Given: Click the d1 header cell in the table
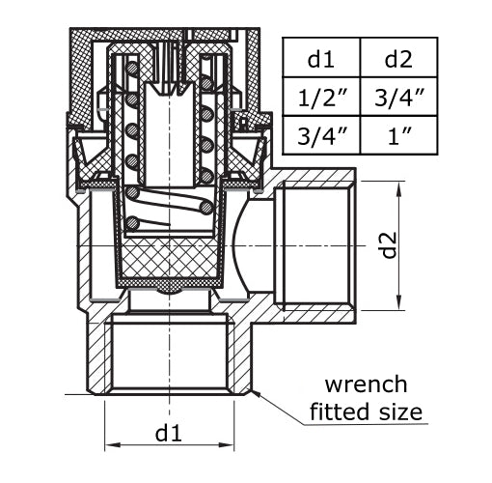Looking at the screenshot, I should coord(320,58).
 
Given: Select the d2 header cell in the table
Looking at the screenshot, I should coord(397,58).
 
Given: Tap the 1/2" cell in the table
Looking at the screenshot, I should coord(320,96).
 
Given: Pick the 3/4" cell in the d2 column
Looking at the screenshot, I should coord(397,96).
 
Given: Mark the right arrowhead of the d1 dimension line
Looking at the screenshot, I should coord(234,445).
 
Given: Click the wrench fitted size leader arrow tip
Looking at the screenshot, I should coord(252,390).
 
